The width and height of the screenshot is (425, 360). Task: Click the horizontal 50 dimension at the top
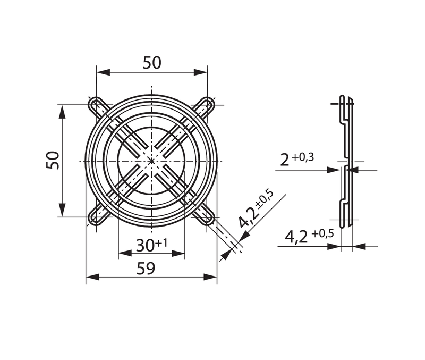152,63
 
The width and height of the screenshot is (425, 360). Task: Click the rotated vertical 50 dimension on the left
52,160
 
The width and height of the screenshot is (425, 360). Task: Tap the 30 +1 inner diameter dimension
152,245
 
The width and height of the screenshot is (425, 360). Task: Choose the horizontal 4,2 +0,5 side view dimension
310,236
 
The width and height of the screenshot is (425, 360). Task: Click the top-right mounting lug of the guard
208,104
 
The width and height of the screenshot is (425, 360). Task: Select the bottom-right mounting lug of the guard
208,217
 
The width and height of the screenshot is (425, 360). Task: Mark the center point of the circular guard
152,161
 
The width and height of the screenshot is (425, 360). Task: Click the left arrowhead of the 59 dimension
90,277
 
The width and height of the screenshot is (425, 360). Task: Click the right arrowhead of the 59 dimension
214,277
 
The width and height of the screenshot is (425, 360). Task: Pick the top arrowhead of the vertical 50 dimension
62,108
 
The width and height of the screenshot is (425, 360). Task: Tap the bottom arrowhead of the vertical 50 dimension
62,212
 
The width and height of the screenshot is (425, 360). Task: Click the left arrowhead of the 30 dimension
122,253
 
